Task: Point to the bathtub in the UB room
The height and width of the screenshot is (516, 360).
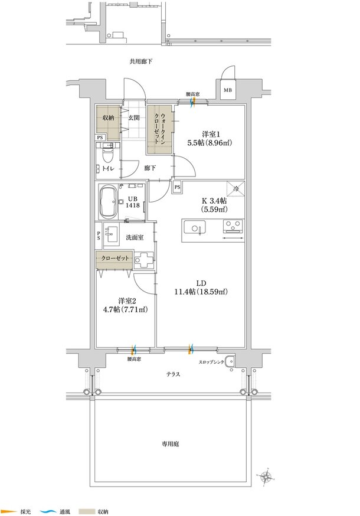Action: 108,202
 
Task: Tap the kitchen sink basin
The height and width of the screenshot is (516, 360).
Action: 195,227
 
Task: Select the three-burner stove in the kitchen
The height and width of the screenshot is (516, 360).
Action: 233,226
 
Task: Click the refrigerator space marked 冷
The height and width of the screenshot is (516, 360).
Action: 236,188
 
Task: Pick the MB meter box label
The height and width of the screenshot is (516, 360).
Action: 228,90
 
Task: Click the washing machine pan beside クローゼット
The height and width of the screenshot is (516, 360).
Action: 144,260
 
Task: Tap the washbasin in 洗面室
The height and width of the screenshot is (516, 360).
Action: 111,234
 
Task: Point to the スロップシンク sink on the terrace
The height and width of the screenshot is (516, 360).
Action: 230,362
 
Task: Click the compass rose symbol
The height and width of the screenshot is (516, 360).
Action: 265,476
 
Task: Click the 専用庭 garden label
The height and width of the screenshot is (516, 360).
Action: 170,444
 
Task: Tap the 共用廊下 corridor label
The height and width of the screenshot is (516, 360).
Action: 141,61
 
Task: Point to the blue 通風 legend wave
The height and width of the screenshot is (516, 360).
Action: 48,512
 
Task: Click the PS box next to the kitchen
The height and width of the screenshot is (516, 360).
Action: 178,187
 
